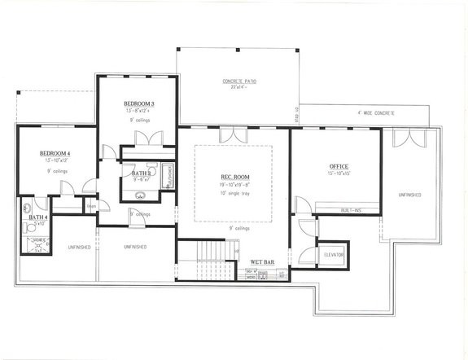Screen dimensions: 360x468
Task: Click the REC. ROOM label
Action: click(234, 177)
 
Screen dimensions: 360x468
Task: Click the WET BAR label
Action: click(261, 261)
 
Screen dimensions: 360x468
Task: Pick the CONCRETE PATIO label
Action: click(239, 81)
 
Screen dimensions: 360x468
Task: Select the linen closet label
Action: click(91, 206)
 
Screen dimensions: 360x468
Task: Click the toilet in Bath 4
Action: click(28, 206)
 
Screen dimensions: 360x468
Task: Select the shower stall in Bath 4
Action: click(37, 245)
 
